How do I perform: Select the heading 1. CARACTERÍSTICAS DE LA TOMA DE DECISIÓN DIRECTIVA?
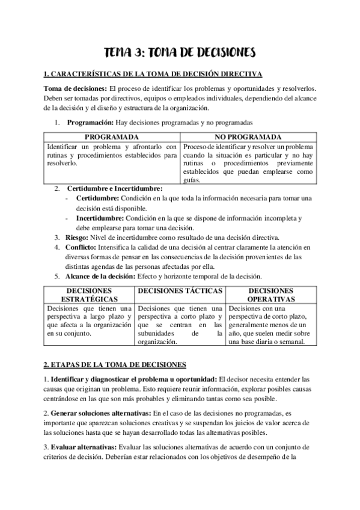pyautogui.click(x=153, y=74)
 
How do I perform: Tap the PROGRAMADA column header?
pyautogui.click(x=112, y=137)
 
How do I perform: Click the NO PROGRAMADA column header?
pyautogui.click(x=248, y=137)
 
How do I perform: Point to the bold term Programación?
pyautogui.click(x=90, y=123)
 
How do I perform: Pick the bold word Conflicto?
pyautogui.click(x=84, y=247)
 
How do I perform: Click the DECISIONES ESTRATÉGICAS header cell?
pyautogui.click(x=89, y=294)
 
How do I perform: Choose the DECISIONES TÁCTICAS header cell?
pyautogui.click(x=180, y=290)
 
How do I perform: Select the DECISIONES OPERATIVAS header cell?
pyautogui.click(x=270, y=294)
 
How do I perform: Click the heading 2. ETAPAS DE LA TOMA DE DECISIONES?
pyautogui.click(x=115, y=364)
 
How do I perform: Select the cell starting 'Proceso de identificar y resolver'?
pyautogui.click(x=248, y=159)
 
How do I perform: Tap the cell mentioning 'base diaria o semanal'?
pyautogui.click(x=270, y=325)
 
